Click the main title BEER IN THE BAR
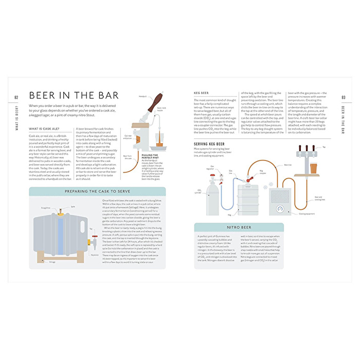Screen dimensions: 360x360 coord(74,95)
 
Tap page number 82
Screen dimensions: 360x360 coord(17,98)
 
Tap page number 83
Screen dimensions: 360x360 coord(343,98)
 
